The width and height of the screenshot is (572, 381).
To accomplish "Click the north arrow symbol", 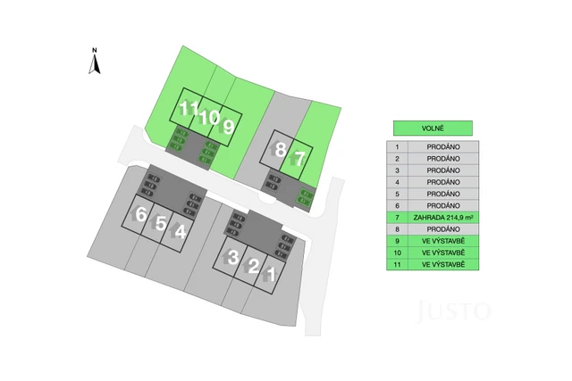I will tap(94, 62).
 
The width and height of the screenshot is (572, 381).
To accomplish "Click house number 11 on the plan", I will tap(188, 110).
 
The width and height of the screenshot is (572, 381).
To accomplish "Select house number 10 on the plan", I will tap(208, 116).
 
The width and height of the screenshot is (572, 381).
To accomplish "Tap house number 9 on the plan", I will tap(229, 127).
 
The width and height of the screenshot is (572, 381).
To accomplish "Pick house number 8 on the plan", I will tap(281, 150).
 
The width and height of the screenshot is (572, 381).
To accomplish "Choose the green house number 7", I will tap(300, 159).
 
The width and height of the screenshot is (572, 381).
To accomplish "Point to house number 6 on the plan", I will tap(140, 214).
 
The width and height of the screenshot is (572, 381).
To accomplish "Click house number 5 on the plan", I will tap(160, 223).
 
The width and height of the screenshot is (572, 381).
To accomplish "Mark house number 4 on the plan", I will tap(181, 232).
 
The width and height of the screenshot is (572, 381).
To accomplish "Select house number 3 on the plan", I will tap(232, 258).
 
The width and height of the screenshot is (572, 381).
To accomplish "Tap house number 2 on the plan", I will tap(253, 266).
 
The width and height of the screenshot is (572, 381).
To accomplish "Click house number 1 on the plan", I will tap(271, 273).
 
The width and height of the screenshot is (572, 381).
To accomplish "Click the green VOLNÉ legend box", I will tap(433, 128).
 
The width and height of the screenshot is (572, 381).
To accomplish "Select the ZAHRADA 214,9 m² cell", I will tap(442, 217).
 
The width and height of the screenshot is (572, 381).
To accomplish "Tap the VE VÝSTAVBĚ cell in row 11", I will tap(442, 264).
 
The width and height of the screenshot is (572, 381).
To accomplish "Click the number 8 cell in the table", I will tap(396, 228).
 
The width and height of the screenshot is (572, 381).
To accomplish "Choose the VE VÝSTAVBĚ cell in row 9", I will tap(442, 241).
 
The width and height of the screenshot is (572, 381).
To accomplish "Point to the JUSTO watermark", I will tap(455, 311).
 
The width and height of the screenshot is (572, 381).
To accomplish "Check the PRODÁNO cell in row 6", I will tap(442, 205).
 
